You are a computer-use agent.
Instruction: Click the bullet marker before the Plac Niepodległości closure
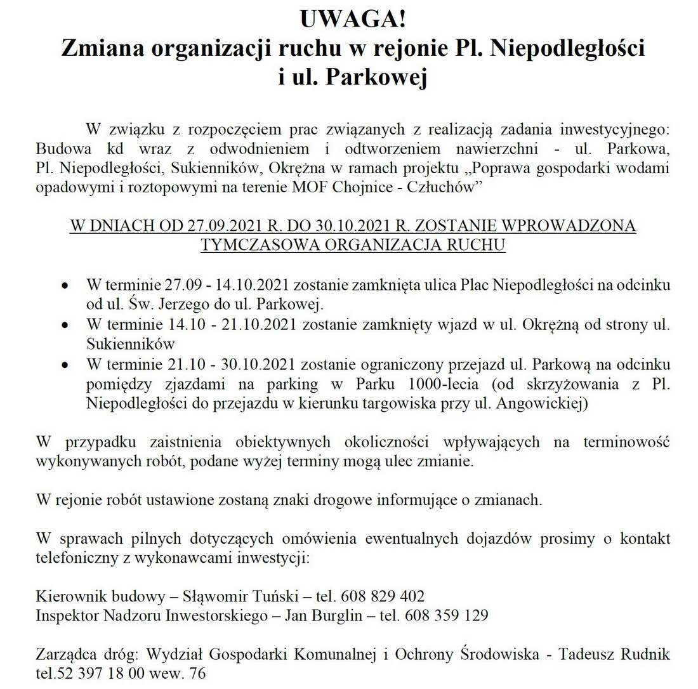64,286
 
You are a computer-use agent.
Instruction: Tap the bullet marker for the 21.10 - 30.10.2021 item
64,366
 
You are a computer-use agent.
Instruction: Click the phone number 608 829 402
383,597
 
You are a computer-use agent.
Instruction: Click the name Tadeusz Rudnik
614,655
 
